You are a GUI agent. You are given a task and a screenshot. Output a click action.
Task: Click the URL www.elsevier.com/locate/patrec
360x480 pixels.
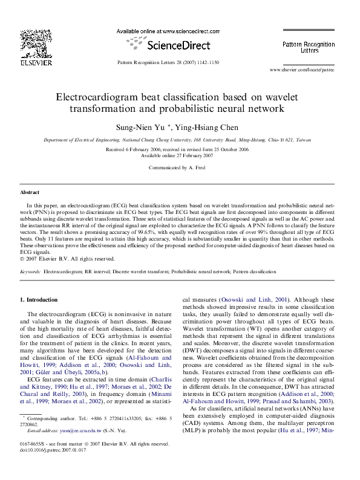coord(301,70)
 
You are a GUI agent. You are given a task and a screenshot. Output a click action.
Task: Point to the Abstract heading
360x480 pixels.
coord(30,192)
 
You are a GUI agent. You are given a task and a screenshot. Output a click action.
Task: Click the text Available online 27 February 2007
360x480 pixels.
coord(179,155)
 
